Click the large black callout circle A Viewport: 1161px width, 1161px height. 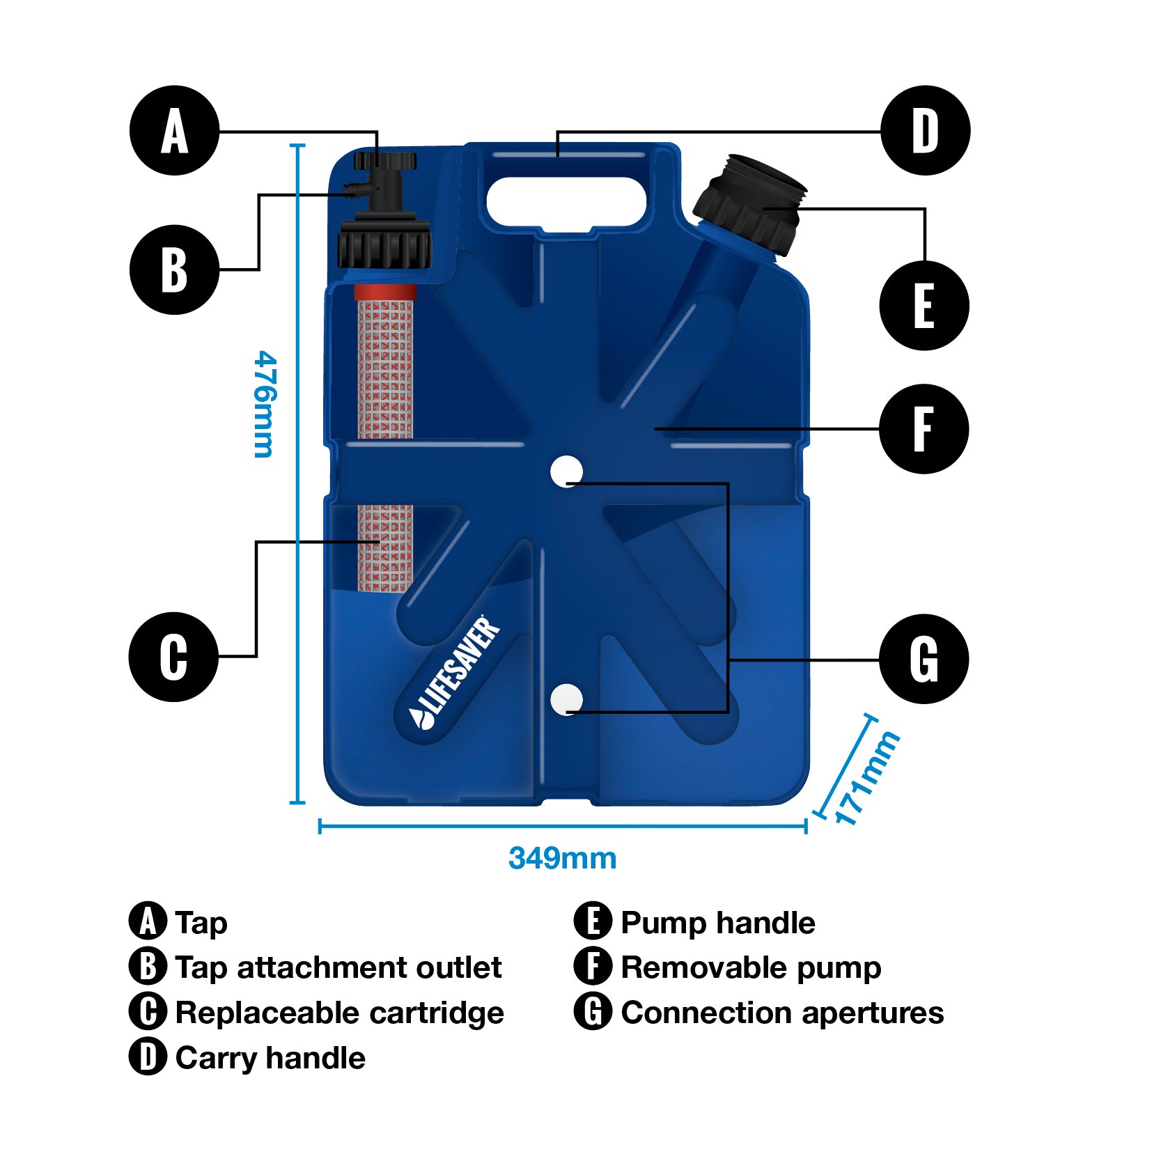pos(174,130)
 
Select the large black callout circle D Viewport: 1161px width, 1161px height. pos(925,130)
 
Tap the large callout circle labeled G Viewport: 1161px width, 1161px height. pos(924,658)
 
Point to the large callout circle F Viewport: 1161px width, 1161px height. pos(924,428)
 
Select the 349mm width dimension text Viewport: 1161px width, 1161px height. pos(562,858)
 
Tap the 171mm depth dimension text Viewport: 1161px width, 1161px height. pos(866,778)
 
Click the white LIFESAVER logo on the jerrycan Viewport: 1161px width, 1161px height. pos(455,673)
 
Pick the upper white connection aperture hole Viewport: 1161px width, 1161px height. pos(567,472)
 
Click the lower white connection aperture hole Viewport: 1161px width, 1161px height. pos(567,699)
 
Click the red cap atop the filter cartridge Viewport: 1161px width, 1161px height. pos(385,291)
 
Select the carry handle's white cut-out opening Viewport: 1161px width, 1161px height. pos(566,201)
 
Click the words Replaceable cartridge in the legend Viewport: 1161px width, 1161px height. pos(339,1013)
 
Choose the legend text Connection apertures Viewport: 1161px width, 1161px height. pos(782,1013)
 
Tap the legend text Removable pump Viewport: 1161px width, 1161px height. pos(751,967)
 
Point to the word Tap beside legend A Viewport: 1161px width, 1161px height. pos(201,923)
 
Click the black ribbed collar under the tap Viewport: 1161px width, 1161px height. pos(384,244)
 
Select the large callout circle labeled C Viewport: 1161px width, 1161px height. pos(173,656)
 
